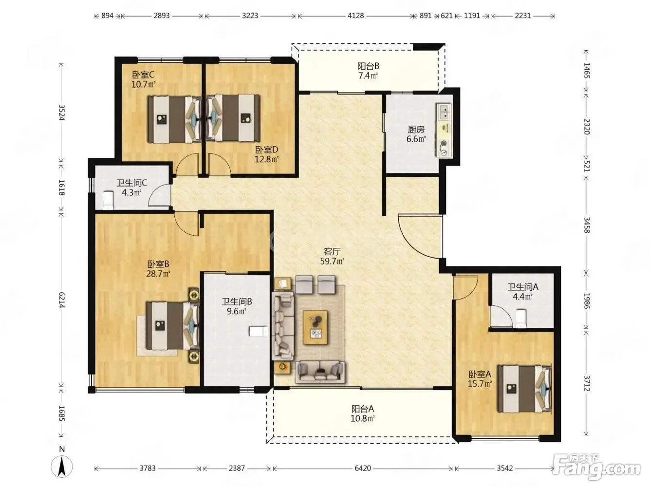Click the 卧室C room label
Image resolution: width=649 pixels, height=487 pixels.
143,74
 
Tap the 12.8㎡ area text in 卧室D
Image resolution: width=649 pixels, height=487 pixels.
266,159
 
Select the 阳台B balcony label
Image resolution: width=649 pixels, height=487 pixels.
368,66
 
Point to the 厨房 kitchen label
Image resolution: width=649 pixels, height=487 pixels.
416,129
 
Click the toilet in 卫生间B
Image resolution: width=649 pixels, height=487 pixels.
259,331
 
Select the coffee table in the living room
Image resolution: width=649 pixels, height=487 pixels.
315,327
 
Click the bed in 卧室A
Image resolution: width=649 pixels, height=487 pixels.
524,389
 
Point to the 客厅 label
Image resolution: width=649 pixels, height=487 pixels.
332,251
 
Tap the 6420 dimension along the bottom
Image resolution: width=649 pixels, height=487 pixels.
363,468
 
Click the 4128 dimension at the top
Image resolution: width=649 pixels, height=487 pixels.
355,16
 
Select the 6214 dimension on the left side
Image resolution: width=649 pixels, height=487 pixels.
61,300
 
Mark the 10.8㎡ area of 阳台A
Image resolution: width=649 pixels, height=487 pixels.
363,418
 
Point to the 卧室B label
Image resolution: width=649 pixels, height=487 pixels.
158,263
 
